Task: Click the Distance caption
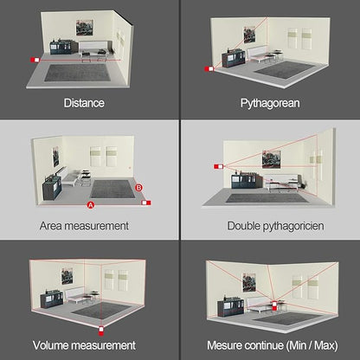[x=84, y=103]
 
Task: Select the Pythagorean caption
[x=269, y=103]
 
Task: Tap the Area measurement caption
[x=84, y=225]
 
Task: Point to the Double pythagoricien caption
[x=269, y=225]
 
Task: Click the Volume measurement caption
[x=84, y=344]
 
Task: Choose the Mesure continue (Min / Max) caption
[x=269, y=344]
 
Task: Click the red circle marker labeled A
[x=90, y=206]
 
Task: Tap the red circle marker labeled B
[x=139, y=186]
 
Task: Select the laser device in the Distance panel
[x=35, y=60]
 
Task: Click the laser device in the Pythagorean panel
[x=209, y=67]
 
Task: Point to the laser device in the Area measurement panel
[x=146, y=203]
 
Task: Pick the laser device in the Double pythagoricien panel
[x=218, y=164]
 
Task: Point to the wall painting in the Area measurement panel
[x=55, y=157]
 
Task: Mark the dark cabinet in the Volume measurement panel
[x=42, y=298]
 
